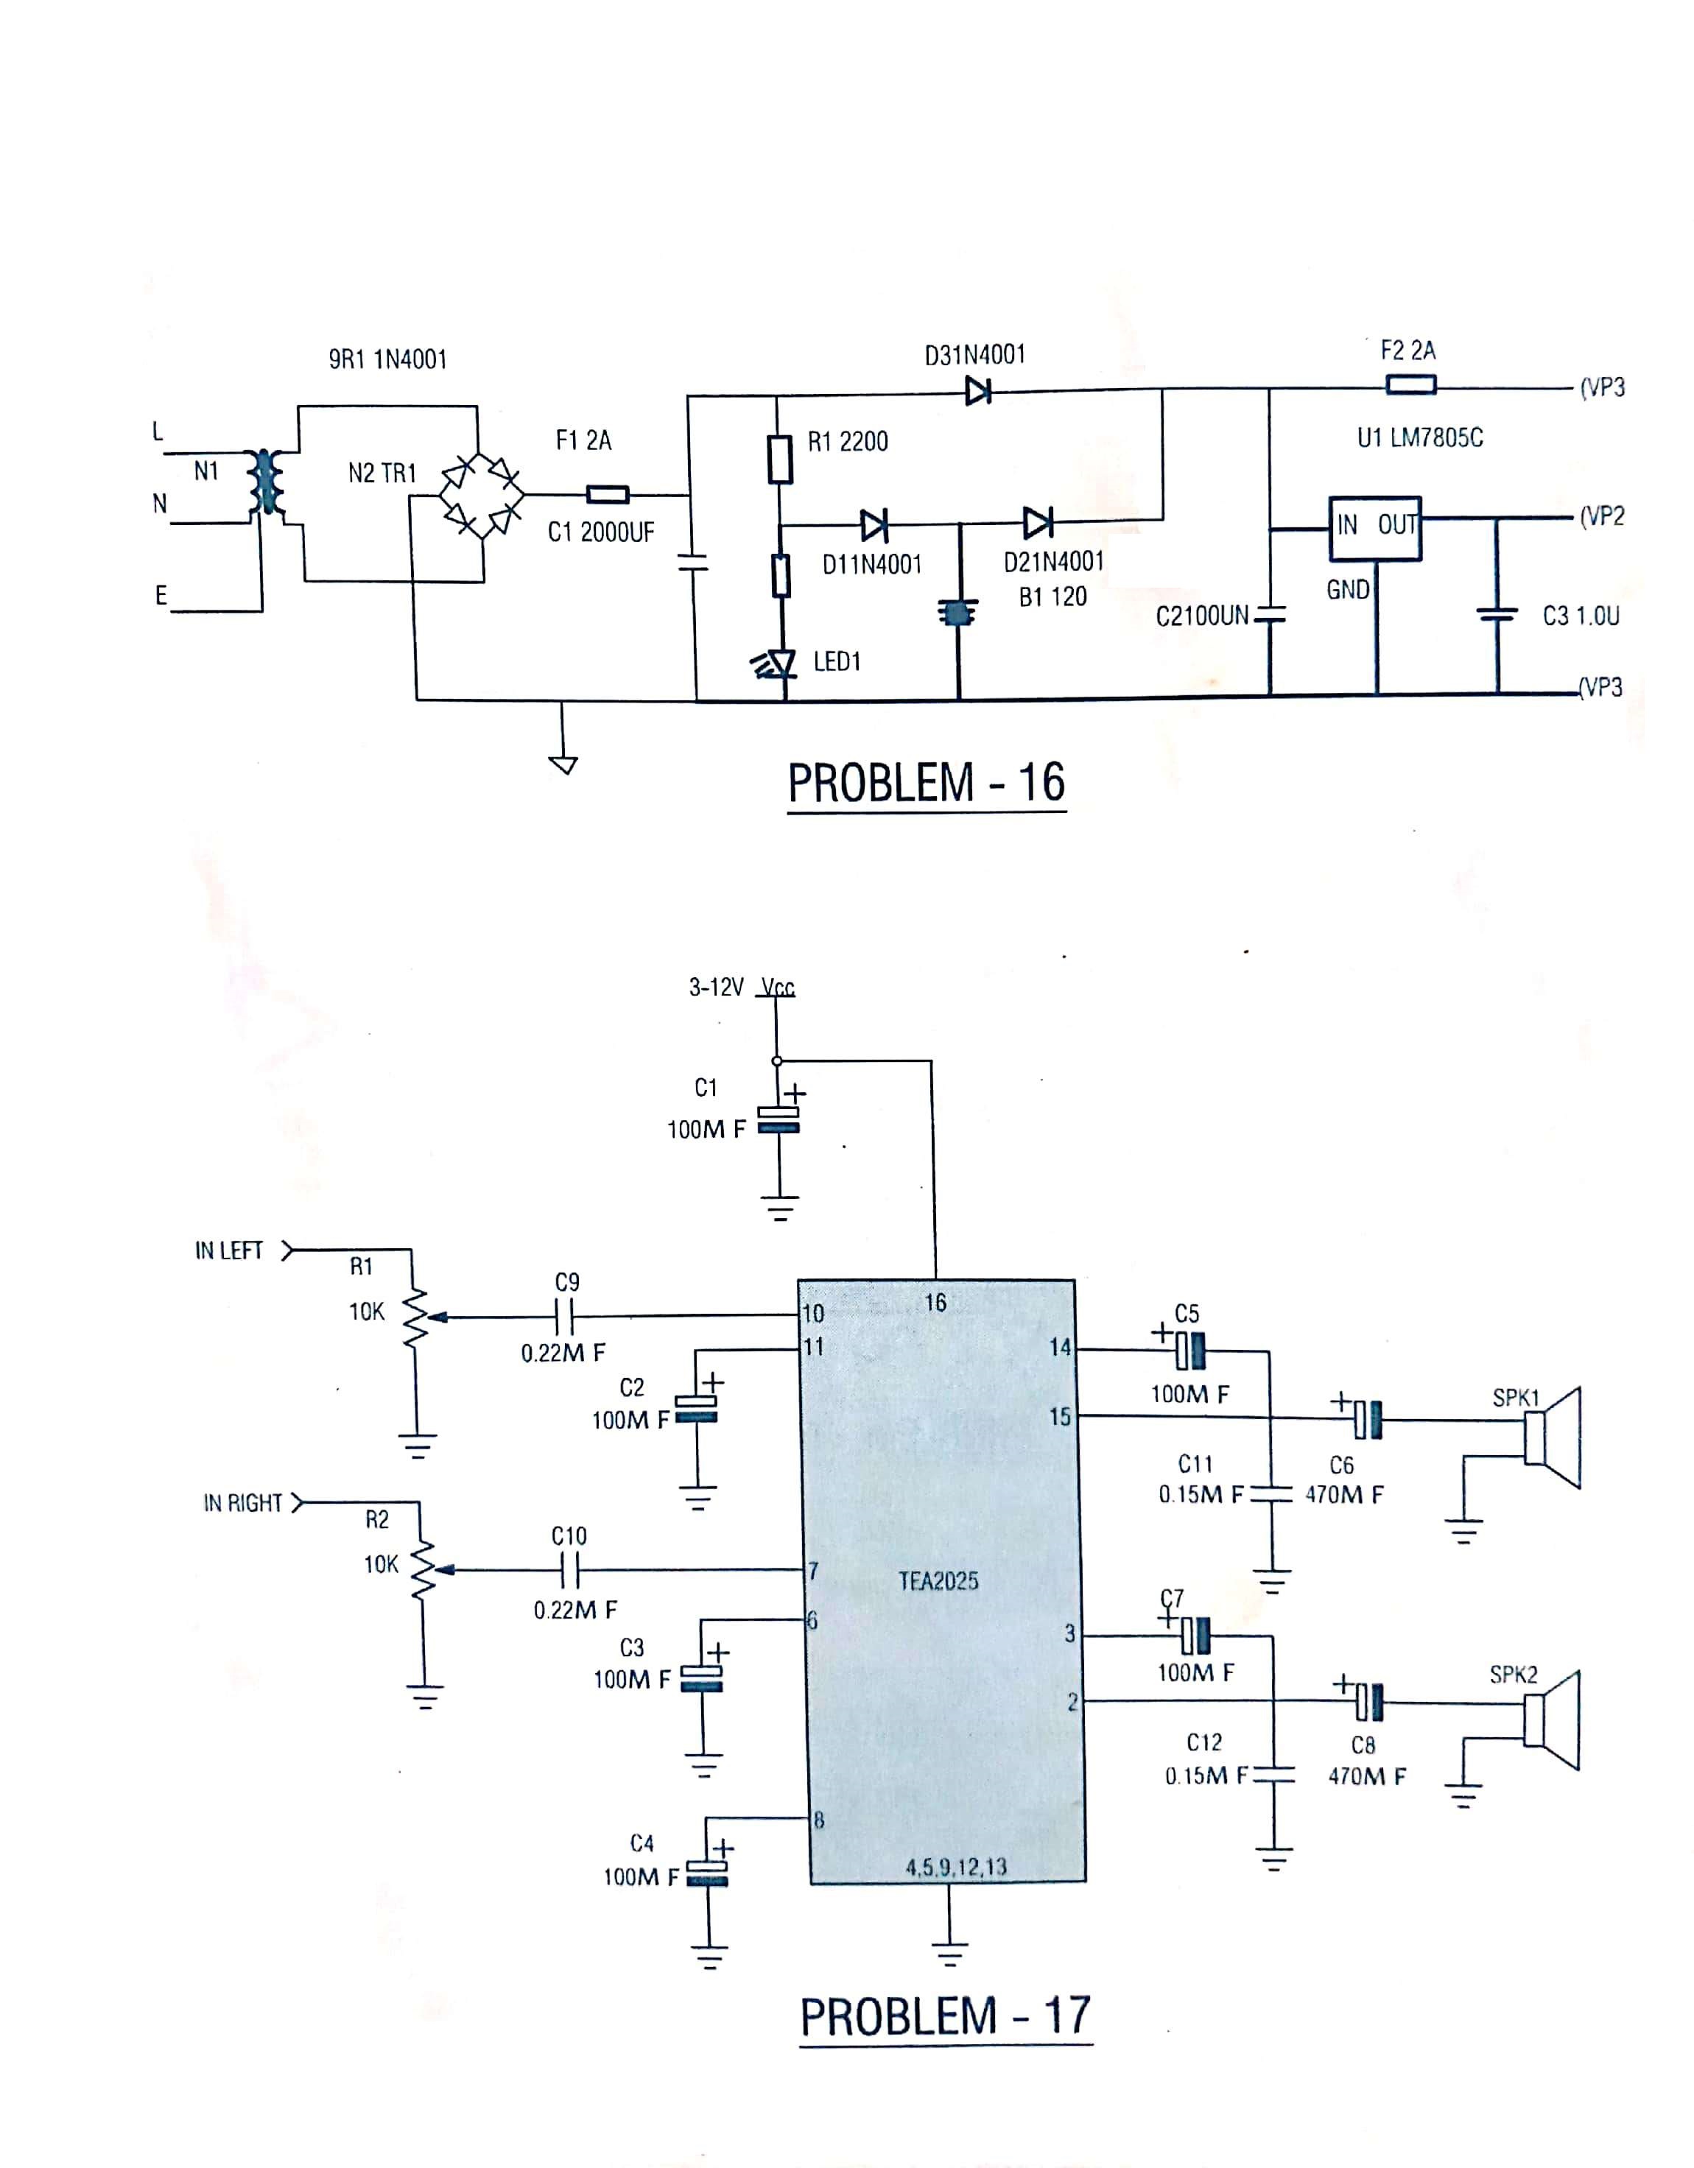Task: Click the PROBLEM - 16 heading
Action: [x=926, y=784]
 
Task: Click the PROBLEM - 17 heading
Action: [x=944, y=2016]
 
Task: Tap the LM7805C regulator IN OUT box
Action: [x=1375, y=528]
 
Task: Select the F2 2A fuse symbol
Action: [x=1410, y=384]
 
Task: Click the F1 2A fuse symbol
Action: [x=607, y=494]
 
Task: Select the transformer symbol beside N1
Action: [x=265, y=482]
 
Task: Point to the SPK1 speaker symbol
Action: [x=1551, y=1437]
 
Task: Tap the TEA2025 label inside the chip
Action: [x=938, y=1580]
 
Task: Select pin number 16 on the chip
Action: [x=935, y=1303]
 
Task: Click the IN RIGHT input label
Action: [x=243, y=1503]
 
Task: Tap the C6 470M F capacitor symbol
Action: [x=1368, y=1420]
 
